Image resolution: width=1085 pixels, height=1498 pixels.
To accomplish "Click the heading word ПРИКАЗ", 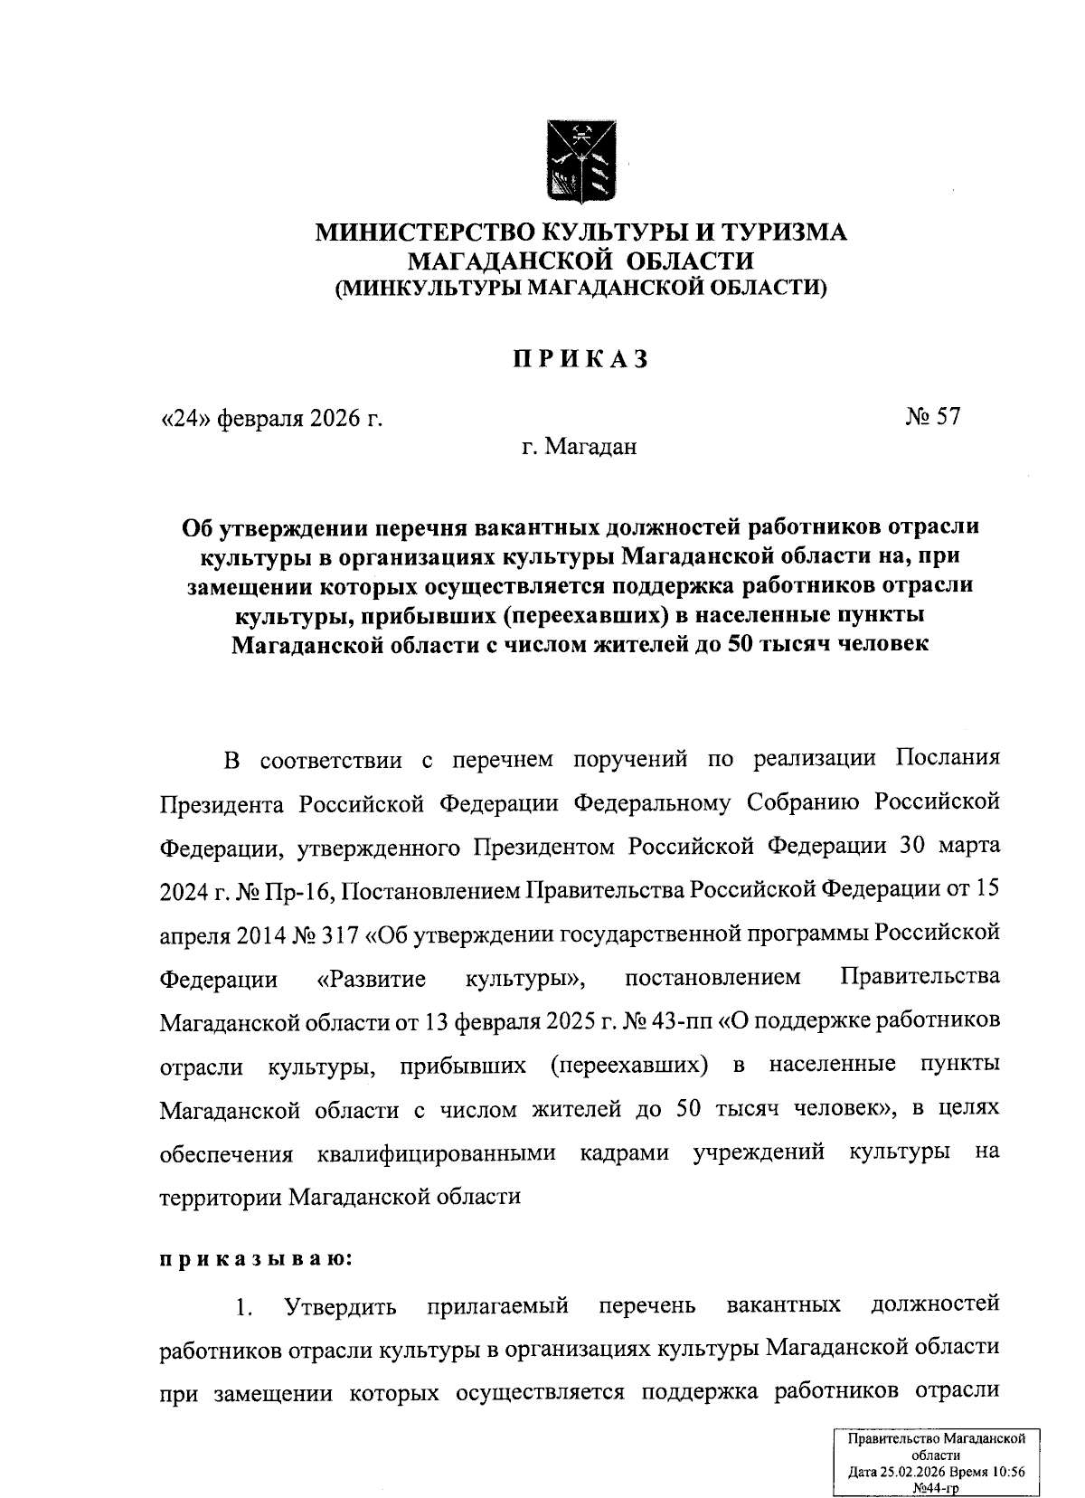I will [580, 359].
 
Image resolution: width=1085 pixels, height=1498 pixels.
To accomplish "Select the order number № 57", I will [931, 416].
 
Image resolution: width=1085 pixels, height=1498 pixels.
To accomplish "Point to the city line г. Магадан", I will [579, 446].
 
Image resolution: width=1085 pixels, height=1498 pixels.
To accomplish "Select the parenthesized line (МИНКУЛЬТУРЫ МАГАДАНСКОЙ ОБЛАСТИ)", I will [580, 289].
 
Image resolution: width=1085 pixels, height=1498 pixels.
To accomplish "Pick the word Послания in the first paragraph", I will [948, 756].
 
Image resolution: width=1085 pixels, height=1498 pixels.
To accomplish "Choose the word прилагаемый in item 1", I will [497, 1305].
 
